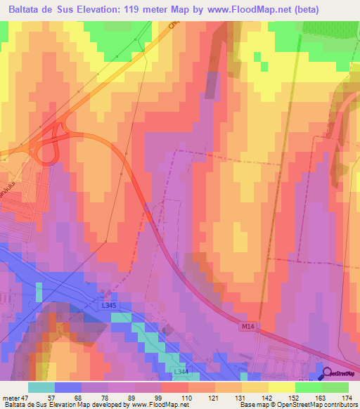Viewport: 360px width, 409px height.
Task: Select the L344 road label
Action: pos(181,370)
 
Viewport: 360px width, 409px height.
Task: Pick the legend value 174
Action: pos(347,397)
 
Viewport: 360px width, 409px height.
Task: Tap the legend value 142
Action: pos(267,397)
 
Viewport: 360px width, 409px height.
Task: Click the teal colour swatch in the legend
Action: pos(41,387)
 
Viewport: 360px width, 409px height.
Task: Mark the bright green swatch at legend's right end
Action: pos(335,387)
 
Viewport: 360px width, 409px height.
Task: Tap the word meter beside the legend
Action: pos(11,397)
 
